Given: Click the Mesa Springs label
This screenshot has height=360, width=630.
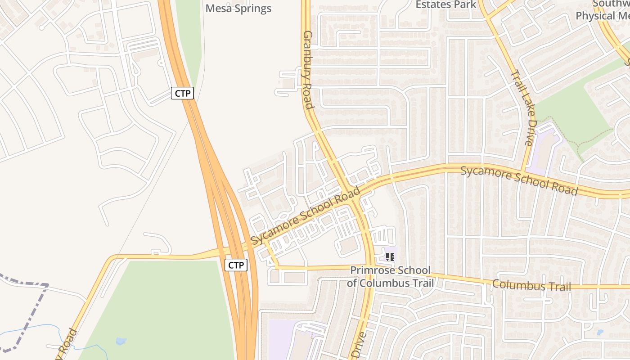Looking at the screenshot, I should click(238, 9).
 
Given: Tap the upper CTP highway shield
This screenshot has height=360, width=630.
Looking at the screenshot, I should click(182, 93).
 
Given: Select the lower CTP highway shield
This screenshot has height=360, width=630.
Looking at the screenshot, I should click(236, 265).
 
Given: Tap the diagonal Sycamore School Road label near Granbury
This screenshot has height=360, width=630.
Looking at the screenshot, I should click(306, 216).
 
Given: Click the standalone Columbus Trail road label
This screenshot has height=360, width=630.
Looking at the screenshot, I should click(531, 285).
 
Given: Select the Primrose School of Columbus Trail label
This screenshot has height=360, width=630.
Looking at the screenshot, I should click(390, 276).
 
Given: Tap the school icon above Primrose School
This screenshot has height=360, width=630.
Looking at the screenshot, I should click(390, 257).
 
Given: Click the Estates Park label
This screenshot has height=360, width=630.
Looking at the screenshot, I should click(445, 4).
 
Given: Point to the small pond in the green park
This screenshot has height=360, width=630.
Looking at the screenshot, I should click(121, 341).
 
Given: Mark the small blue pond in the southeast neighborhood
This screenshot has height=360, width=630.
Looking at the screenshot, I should click(599, 333).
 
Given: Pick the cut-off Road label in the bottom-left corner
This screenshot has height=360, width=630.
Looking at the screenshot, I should click(66, 346).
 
